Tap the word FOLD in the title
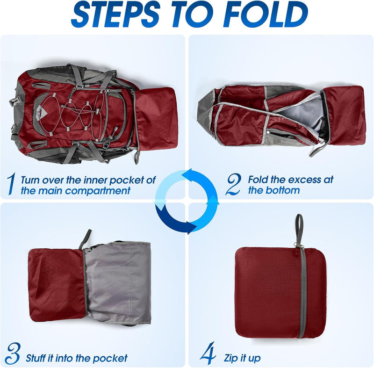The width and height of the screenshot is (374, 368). tap(265, 14)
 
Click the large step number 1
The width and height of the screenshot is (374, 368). tap(11, 184)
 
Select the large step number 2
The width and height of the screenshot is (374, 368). tap(233, 184)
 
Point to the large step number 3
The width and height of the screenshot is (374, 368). tap(13, 354)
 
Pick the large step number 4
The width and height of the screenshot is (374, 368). tap(208, 353)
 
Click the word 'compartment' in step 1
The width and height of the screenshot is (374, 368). tap(98, 191)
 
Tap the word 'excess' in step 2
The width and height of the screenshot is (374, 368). tap(303, 180)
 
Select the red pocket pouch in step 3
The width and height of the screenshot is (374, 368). tap(57, 285)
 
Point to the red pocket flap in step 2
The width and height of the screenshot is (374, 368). tap(345, 115)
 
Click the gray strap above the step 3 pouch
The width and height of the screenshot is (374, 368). tap(85, 239)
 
